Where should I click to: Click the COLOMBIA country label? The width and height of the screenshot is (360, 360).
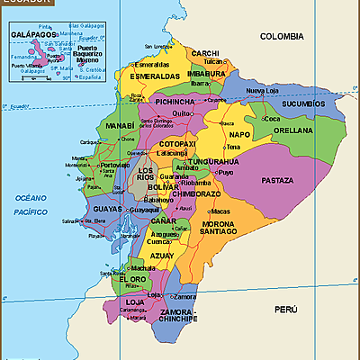pyautogui.click(x=281, y=36)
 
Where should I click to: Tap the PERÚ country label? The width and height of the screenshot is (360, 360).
pyautogui.click(x=285, y=309)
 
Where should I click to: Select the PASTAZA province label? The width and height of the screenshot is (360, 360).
pyautogui.click(x=277, y=180)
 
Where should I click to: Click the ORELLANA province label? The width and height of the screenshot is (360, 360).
pyautogui.click(x=292, y=130)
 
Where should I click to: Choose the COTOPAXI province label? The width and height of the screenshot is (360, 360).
pyautogui.click(x=177, y=143)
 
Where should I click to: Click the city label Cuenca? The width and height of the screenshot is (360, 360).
pyautogui.click(x=158, y=241)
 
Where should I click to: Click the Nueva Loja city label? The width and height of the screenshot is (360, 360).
pyautogui.click(x=264, y=91)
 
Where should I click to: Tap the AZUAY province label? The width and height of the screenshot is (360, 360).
pyautogui.click(x=163, y=256)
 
